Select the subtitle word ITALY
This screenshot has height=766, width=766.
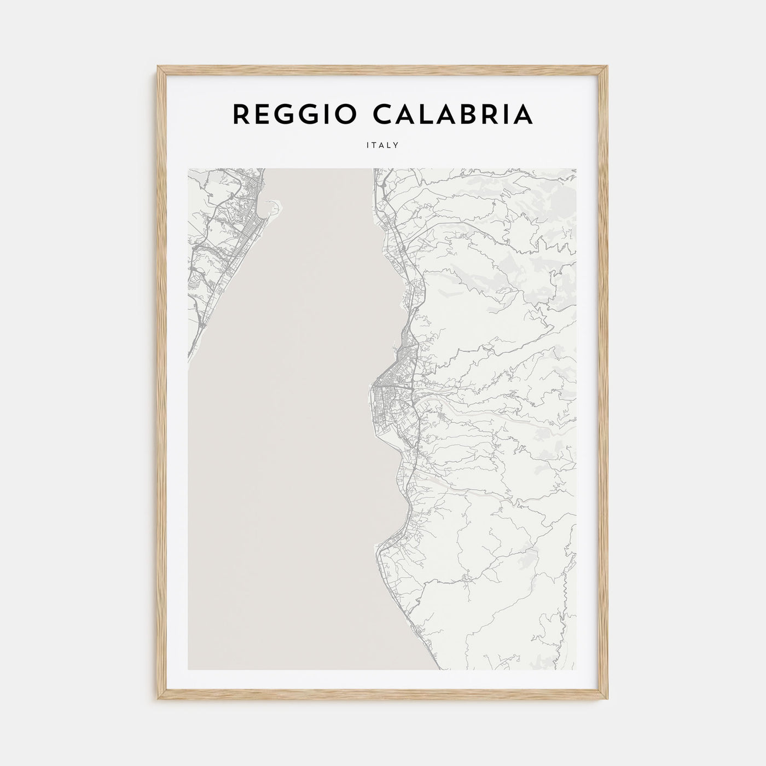383,146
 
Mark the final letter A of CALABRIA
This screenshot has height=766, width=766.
523,114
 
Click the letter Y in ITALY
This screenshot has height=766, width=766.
396,146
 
